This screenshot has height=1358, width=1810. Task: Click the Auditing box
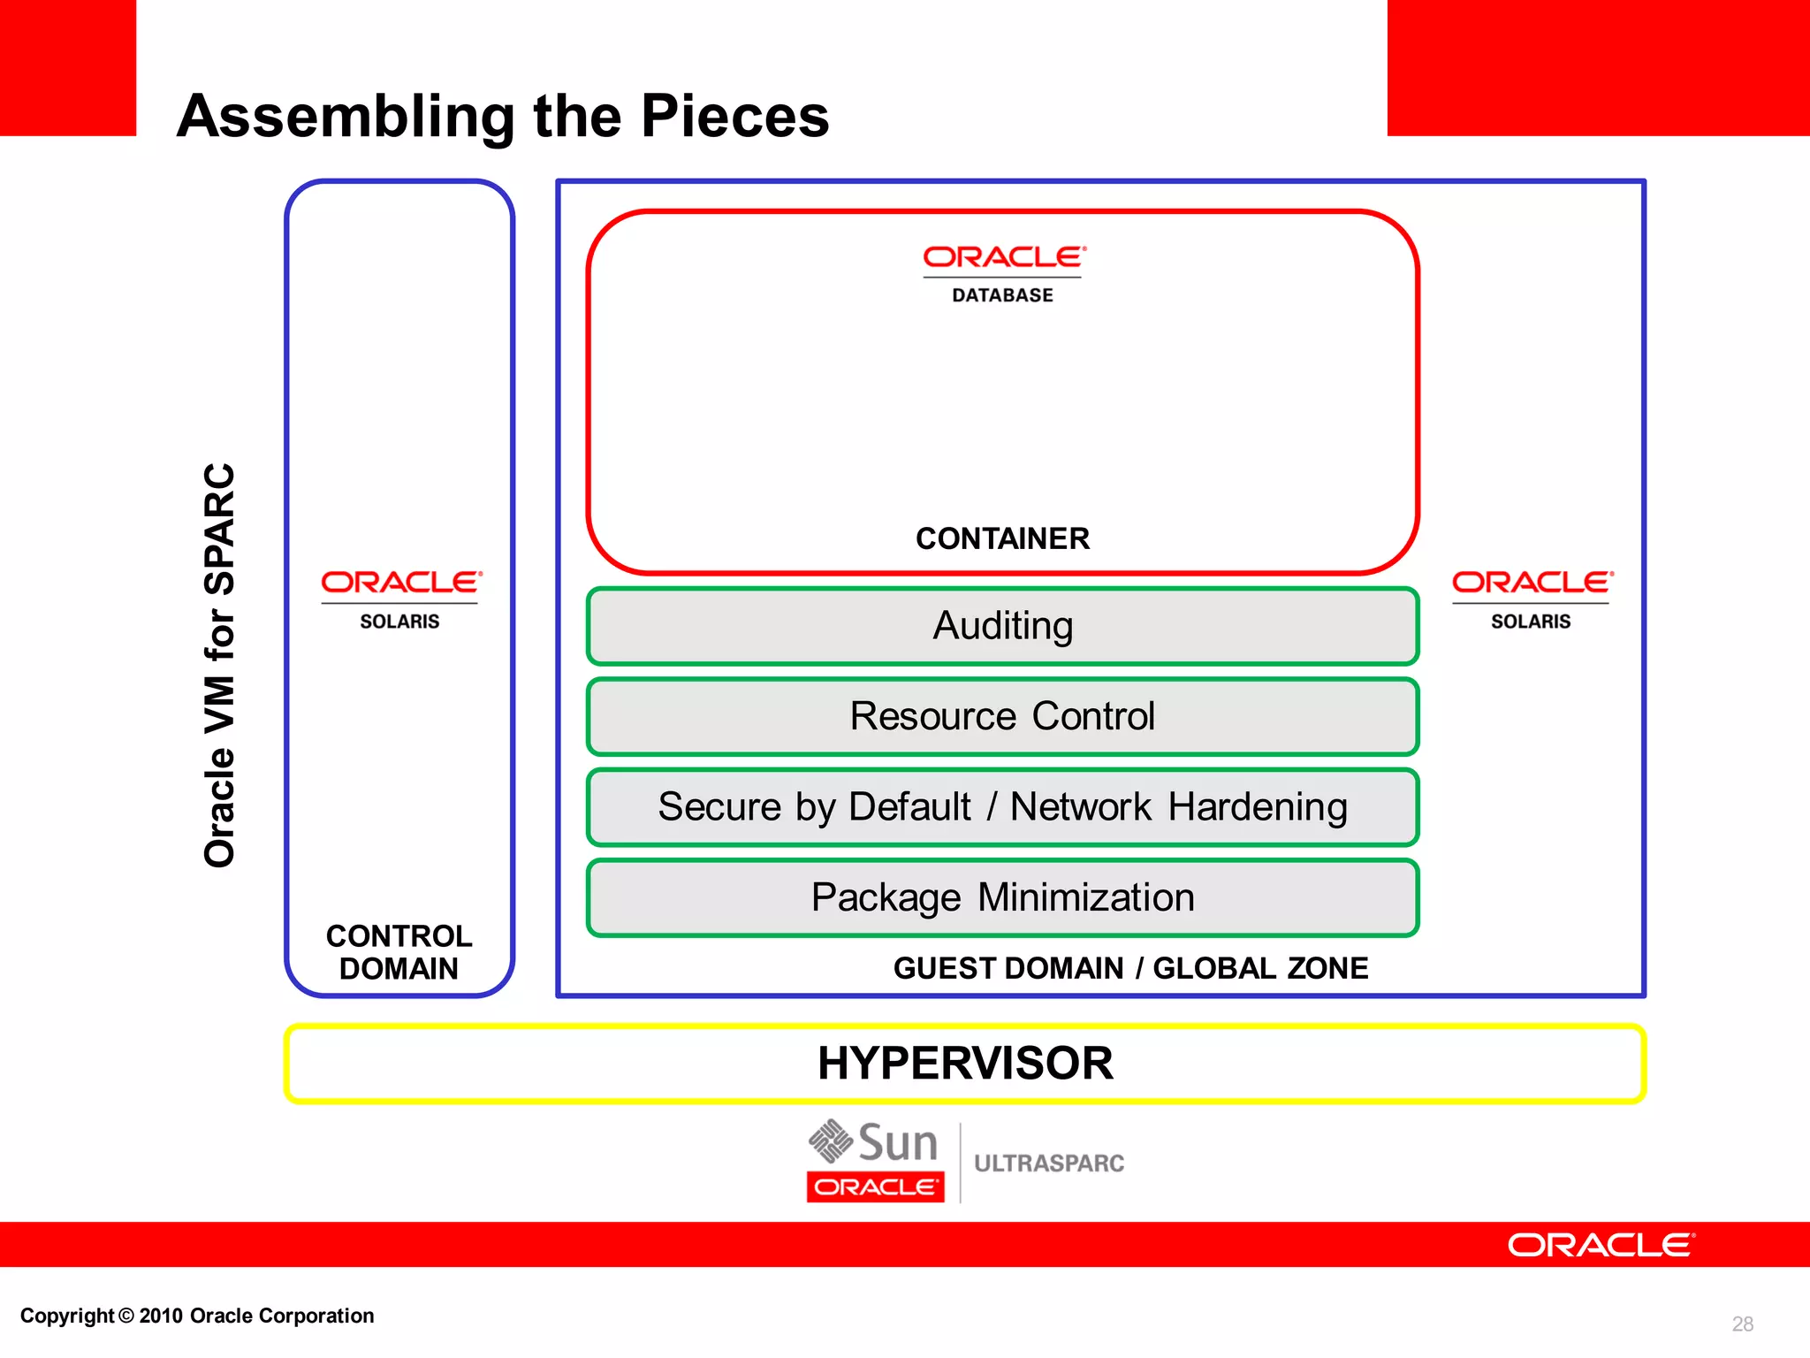coord(1002,626)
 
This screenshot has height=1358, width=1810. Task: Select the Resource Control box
coord(1002,716)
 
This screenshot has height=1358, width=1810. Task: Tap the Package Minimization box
coord(1002,897)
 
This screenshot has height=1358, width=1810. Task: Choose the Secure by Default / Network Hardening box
coord(1002,807)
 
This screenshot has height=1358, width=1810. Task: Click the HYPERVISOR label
coord(964,1063)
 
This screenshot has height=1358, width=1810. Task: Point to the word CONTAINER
coord(1002,538)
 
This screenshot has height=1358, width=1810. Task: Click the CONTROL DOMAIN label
coord(399,952)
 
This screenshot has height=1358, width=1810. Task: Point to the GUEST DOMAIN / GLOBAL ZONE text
coord(1130,968)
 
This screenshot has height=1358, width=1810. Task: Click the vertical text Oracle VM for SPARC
coord(220,665)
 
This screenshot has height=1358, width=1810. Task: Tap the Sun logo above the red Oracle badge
coord(873,1142)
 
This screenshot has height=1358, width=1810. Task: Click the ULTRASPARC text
coord(1049,1163)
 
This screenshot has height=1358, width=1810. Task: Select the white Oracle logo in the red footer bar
coord(1601,1245)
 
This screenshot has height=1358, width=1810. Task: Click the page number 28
coord(1742,1324)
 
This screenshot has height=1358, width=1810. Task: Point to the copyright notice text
coord(197,1316)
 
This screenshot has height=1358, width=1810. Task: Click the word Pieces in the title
coord(734,116)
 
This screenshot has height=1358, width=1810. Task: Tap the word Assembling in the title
coord(345,116)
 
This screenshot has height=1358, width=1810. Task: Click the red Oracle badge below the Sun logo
coord(875,1186)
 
